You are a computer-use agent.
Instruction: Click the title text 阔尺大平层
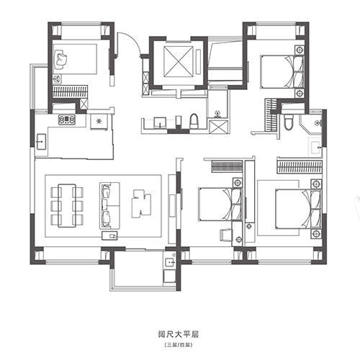click(179, 334)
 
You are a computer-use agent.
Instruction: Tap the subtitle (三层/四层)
click(179, 345)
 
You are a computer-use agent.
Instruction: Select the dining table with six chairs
click(67, 205)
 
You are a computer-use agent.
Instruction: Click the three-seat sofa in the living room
click(109, 205)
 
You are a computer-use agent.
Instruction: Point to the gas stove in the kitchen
click(67, 120)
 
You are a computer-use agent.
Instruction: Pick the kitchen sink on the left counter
click(41, 142)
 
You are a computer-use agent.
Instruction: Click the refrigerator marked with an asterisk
click(99, 122)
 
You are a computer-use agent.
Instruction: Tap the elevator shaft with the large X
click(179, 61)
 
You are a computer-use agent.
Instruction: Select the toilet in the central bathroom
click(194, 121)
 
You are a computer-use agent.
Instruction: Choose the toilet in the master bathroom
click(289, 122)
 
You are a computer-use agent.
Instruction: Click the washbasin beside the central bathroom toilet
click(160, 122)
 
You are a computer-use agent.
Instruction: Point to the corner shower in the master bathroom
click(310, 124)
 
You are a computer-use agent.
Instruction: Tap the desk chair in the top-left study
click(60, 59)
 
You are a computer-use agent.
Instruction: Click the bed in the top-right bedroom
click(282, 72)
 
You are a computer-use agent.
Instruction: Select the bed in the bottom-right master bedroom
click(298, 209)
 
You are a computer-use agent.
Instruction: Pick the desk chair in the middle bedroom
click(226, 235)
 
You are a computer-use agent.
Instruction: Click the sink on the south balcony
click(170, 261)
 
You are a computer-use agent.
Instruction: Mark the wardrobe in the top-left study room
click(70, 91)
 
